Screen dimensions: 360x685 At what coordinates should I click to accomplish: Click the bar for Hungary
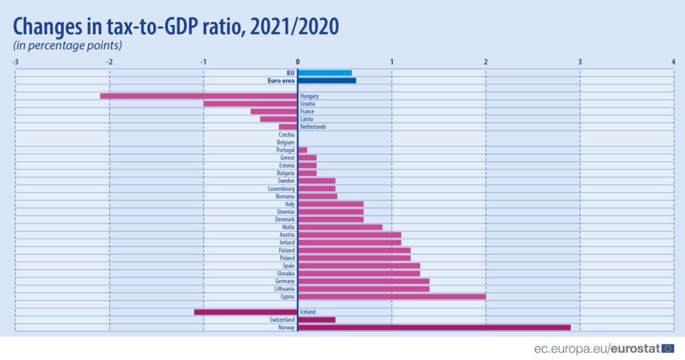[x=199, y=96]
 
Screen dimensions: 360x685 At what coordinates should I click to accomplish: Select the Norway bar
[x=434, y=327]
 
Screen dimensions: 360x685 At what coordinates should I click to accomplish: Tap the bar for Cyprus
[x=391, y=296]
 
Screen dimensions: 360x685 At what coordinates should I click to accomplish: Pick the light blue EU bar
[x=324, y=72]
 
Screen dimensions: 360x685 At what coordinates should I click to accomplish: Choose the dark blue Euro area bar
[x=326, y=80]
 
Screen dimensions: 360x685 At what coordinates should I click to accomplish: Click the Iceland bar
[x=246, y=312]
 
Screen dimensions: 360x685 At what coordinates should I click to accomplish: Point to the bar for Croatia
[x=250, y=104]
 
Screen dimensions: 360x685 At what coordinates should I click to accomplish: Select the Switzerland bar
[x=316, y=320]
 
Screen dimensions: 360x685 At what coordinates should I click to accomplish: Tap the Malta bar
[x=340, y=227]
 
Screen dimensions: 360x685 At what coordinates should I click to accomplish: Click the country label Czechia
[x=286, y=134]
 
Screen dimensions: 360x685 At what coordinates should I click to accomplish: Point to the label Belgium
[x=286, y=143]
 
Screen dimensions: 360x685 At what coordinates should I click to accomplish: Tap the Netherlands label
[x=313, y=126]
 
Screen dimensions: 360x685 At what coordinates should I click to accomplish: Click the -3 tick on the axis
[x=15, y=62]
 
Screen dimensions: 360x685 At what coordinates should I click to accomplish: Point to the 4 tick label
[x=674, y=62]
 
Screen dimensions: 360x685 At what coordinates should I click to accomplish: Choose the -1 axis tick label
[x=203, y=62]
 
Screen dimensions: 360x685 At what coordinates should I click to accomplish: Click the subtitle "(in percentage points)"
[x=68, y=46]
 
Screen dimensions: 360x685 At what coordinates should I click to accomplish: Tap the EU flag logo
[x=668, y=348]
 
